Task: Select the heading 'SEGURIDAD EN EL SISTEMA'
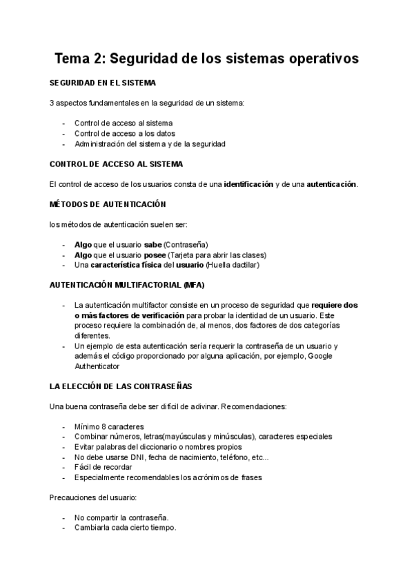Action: pyautogui.click(x=103, y=83)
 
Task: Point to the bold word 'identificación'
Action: pyautogui.click(x=248, y=184)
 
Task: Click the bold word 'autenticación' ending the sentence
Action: pyautogui.click(x=331, y=184)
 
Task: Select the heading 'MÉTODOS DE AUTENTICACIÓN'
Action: pyautogui.click(x=108, y=205)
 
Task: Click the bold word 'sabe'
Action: pyautogui.click(x=153, y=245)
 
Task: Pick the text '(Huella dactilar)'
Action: pyautogui.click(x=232, y=265)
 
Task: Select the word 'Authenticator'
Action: pyautogui.click(x=97, y=366)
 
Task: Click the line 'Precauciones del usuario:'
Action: pyautogui.click(x=92, y=497)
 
